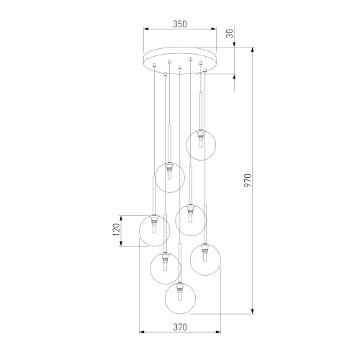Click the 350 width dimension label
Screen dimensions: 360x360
pyautogui.click(x=180, y=24)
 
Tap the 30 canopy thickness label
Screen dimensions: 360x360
pyautogui.click(x=230, y=34)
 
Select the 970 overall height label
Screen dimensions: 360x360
pyautogui.click(x=248, y=181)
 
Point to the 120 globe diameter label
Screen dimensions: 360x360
pyautogui.click(x=117, y=230)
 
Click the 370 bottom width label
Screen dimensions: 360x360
pyautogui.click(x=180, y=327)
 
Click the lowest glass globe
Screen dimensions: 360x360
pyautogui.click(x=180, y=298)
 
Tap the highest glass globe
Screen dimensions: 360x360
pyautogui.click(x=201, y=145)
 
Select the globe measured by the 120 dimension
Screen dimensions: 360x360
pyautogui.click(x=154, y=230)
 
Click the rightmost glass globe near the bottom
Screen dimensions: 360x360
pyautogui.click(x=205, y=260)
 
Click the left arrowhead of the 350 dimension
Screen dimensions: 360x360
pyautogui.click(x=146, y=29)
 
